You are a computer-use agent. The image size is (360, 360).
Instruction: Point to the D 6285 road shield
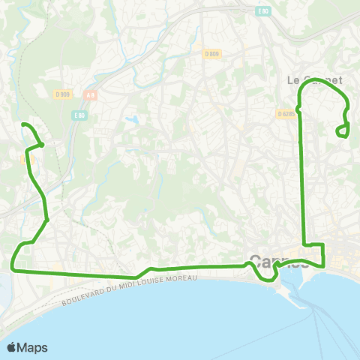pos(286,114)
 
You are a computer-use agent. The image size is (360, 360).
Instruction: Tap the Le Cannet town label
pos(314,79)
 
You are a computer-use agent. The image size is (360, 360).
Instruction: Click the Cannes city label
pos(278,262)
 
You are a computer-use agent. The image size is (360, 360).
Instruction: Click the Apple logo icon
pos(12,347)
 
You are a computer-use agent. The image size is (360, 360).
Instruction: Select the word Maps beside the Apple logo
pos(33,347)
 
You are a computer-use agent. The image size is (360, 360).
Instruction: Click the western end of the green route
pos(23,124)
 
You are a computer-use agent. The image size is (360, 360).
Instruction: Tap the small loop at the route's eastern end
pos(343,132)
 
